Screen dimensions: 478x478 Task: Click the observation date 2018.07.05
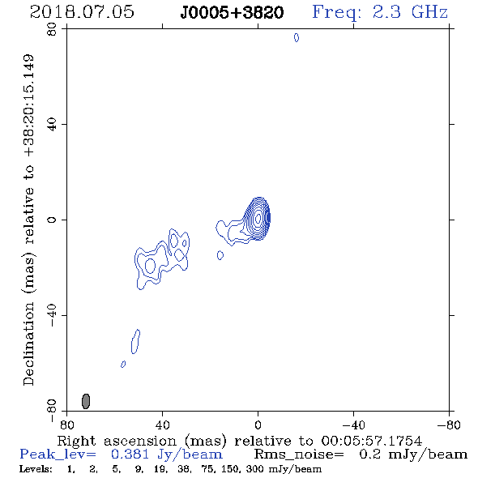82,12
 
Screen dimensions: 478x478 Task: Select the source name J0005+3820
232,13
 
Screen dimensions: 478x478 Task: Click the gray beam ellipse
86,401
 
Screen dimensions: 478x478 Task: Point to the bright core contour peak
258,218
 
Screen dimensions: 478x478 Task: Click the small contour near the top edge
297,37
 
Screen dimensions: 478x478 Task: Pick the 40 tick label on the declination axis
52,125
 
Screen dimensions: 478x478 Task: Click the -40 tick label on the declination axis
52,315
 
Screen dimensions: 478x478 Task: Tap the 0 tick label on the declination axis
52,220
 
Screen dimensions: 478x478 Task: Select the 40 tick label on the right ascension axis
162,425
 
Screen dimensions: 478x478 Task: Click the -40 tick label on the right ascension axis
353,425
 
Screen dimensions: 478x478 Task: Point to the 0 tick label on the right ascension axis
258,425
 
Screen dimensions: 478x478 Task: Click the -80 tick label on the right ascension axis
449,425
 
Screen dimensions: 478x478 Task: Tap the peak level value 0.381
130,455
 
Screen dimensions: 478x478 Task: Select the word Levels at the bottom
36,469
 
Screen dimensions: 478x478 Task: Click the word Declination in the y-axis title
28,344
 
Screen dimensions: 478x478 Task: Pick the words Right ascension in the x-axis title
117,441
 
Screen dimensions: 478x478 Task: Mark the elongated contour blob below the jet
135,341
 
